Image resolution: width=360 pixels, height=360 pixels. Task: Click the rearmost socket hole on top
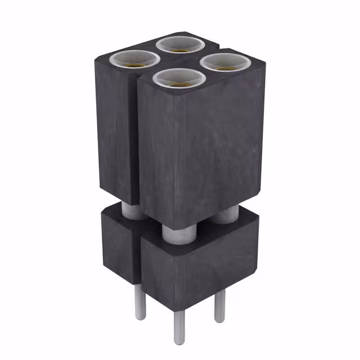coord(179,45)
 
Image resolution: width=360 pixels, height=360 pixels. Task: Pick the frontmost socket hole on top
coord(179,79)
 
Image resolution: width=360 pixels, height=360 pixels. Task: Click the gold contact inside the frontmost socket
coord(179,84)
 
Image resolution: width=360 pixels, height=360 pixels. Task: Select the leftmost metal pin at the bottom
coord(140,304)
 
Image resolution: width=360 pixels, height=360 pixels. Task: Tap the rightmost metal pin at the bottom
coord(219,307)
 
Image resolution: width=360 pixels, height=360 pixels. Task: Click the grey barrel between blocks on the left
coord(133,211)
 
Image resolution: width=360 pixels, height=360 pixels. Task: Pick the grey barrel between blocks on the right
coord(226,214)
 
